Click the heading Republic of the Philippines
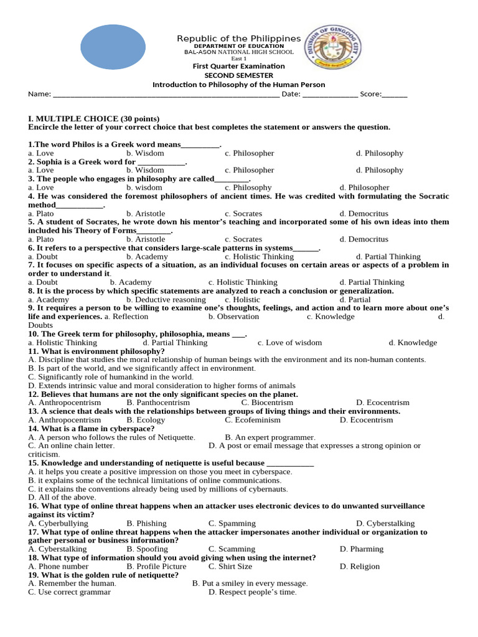pos(238,39)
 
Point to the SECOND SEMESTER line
pos(238,75)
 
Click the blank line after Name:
pos(166,95)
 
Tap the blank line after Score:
pos(395,95)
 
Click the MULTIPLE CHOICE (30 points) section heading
pos(94,118)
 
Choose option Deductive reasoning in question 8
pos(166,300)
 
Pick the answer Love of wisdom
pos(290,343)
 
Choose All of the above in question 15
pos(59,498)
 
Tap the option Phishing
pos(146,524)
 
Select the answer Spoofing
pos(147,549)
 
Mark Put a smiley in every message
pos(250,584)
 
